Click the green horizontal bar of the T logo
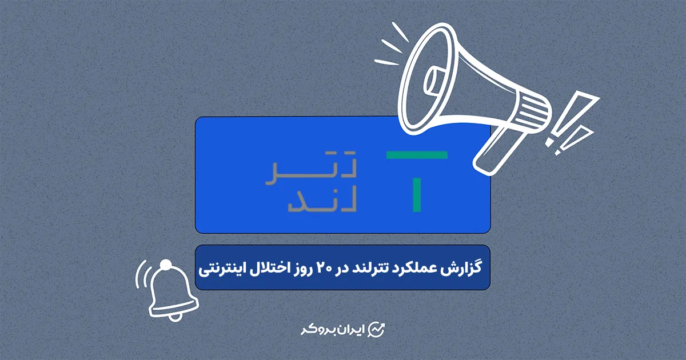coord(417,155)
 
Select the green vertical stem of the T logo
coord(417,194)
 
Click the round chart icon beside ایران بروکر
coord(377,330)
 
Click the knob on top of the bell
coord(166,265)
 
